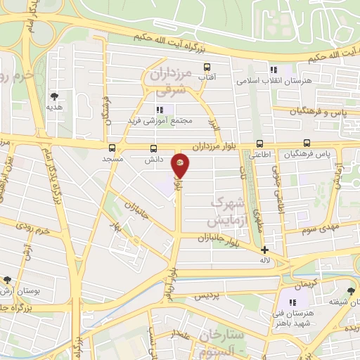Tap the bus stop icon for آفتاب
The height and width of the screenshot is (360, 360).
coord(207,67)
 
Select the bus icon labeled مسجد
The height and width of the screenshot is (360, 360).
coord(112,148)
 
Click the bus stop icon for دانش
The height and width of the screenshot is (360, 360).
coord(154,148)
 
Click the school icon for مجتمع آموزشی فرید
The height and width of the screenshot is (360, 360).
coord(160,109)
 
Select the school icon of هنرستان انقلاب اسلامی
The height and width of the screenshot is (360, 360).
coord(274,69)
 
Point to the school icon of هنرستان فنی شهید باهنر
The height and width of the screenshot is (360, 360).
coord(292,302)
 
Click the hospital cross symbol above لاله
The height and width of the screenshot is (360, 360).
coord(264,250)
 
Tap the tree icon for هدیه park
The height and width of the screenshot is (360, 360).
coord(54,96)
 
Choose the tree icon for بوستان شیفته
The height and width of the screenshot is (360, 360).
coord(351,290)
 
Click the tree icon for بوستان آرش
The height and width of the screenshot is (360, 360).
coord(7,279)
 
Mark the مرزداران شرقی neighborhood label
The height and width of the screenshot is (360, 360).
coord(171,81)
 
